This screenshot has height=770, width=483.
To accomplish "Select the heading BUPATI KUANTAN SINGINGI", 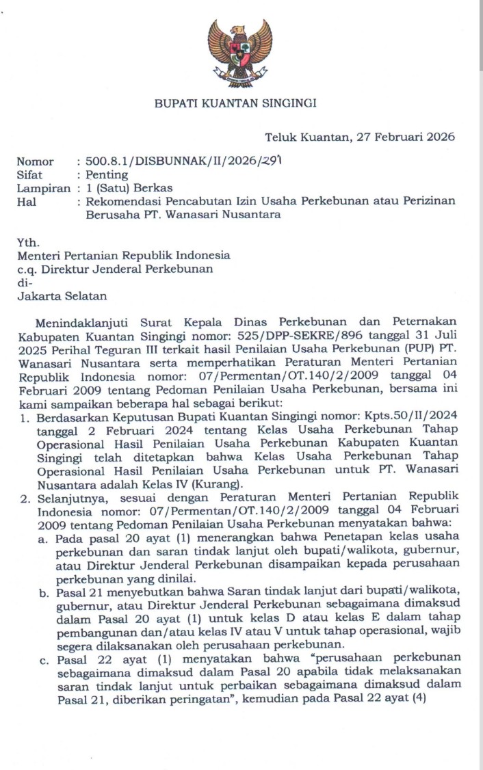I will [x=235, y=104].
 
